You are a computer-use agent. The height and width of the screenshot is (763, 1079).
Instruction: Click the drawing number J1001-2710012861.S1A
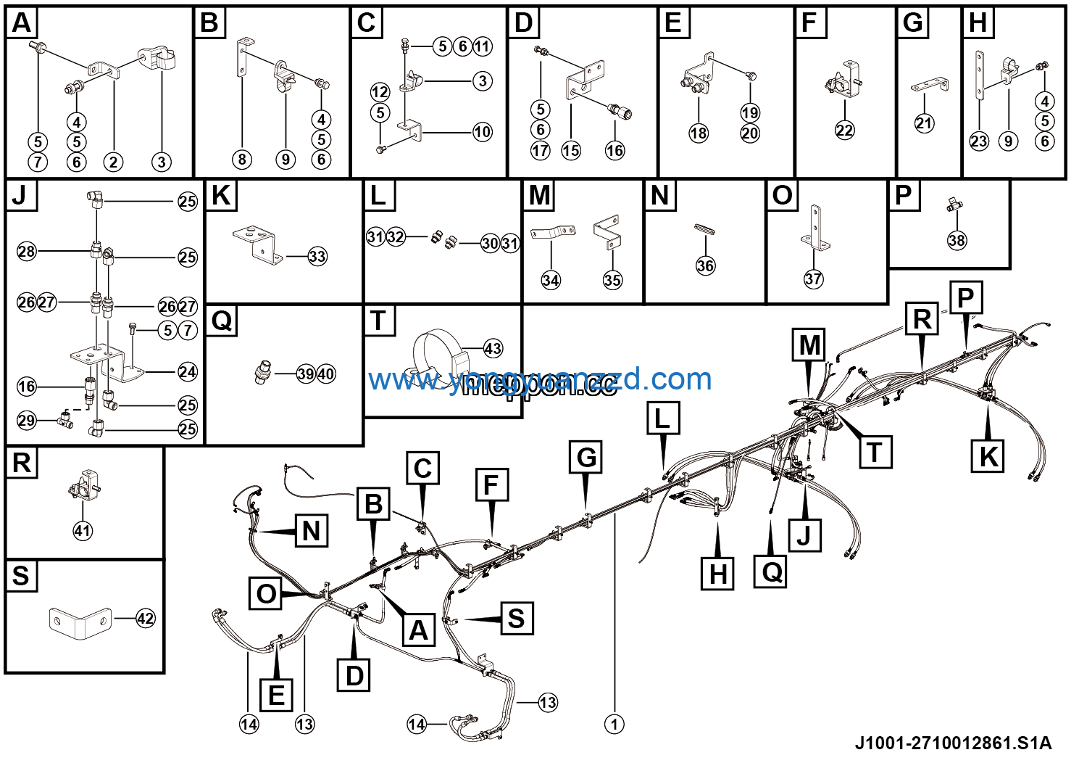(953, 743)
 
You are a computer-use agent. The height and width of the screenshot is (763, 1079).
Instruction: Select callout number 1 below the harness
(615, 724)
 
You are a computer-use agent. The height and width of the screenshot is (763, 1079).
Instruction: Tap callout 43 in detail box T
(493, 349)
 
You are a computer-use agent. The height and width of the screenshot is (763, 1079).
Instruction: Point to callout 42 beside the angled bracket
(146, 619)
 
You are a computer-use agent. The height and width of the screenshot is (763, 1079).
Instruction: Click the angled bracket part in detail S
(79, 622)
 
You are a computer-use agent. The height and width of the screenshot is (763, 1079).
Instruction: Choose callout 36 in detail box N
(705, 265)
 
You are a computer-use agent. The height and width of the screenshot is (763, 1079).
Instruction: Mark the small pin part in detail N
(705, 228)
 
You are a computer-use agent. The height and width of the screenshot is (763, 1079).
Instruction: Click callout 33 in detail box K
(317, 256)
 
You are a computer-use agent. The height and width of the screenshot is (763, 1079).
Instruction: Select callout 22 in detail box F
(845, 131)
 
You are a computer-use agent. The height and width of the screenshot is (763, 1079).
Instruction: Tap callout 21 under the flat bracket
(924, 123)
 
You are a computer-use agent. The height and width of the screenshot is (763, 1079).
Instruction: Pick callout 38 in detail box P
(957, 240)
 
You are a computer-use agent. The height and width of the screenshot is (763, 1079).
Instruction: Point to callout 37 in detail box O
(814, 279)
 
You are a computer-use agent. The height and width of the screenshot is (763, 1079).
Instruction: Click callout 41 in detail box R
(83, 530)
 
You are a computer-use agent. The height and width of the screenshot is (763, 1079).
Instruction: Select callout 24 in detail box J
(188, 372)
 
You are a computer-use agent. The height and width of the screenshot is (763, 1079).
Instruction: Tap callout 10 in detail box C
(483, 132)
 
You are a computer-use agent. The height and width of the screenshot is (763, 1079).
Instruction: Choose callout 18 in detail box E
(699, 133)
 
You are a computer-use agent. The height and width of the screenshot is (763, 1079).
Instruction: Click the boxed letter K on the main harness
(988, 457)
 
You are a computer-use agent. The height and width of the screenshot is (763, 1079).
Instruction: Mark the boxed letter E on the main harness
(276, 695)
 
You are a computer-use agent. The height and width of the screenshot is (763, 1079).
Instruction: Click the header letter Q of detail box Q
(222, 321)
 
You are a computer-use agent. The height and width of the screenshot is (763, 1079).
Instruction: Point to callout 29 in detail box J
(27, 421)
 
